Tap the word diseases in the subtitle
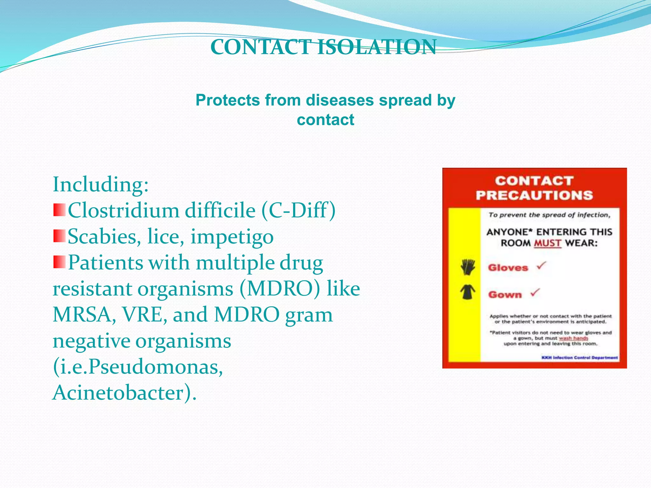pyautogui.click(x=339, y=100)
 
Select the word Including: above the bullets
pyautogui.click(x=100, y=185)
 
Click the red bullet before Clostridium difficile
pyautogui.click(x=59, y=210)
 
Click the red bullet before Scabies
pyautogui.click(x=59, y=236)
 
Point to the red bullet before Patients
pyautogui.click(x=59, y=262)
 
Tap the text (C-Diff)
pyautogui.click(x=298, y=211)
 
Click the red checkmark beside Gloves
pyautogui.click(x=541, y=265)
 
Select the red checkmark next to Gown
pyautogui.click(x=535, y=292)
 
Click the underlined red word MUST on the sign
pyautogui.click(x=547, y=243)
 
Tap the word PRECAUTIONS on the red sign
pyautogui.click(x=534, y=195)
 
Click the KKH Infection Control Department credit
pyautogui.click(x=579, y=358)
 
